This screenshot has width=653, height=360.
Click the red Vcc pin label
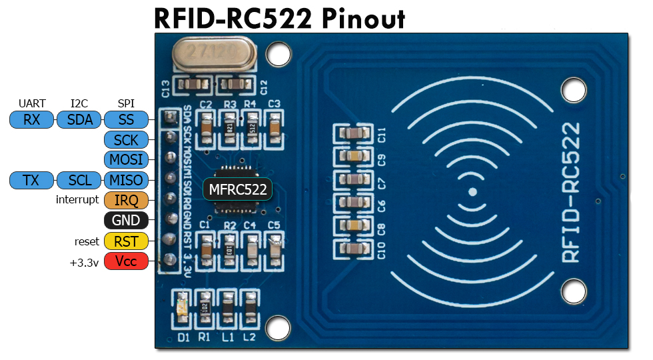click(126, 261)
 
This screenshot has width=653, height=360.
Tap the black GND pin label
click(126, 221)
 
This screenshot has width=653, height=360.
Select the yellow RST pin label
click(126, 241)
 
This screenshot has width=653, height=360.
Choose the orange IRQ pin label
click(126, 201)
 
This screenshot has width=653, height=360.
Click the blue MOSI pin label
click(126, 161)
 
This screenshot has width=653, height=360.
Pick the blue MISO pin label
click(126, 181)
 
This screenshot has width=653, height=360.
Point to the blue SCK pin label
click(126, 141)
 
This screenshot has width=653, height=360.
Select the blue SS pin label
click(126, 121)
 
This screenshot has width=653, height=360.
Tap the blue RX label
click(31, 121)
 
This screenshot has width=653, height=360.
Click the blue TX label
click(31, 181)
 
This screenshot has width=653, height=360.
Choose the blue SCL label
click(79, 181)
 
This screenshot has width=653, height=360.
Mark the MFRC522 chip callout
click(238, 190)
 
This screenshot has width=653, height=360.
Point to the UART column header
click(32, 103)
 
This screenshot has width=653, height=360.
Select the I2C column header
click(79, 103)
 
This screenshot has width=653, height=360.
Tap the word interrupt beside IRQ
click(77, 201)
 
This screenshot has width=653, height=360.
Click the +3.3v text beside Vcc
click(84, 262)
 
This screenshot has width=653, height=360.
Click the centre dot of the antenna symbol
click(472, 192)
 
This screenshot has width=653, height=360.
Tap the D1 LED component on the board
click(183, 308)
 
